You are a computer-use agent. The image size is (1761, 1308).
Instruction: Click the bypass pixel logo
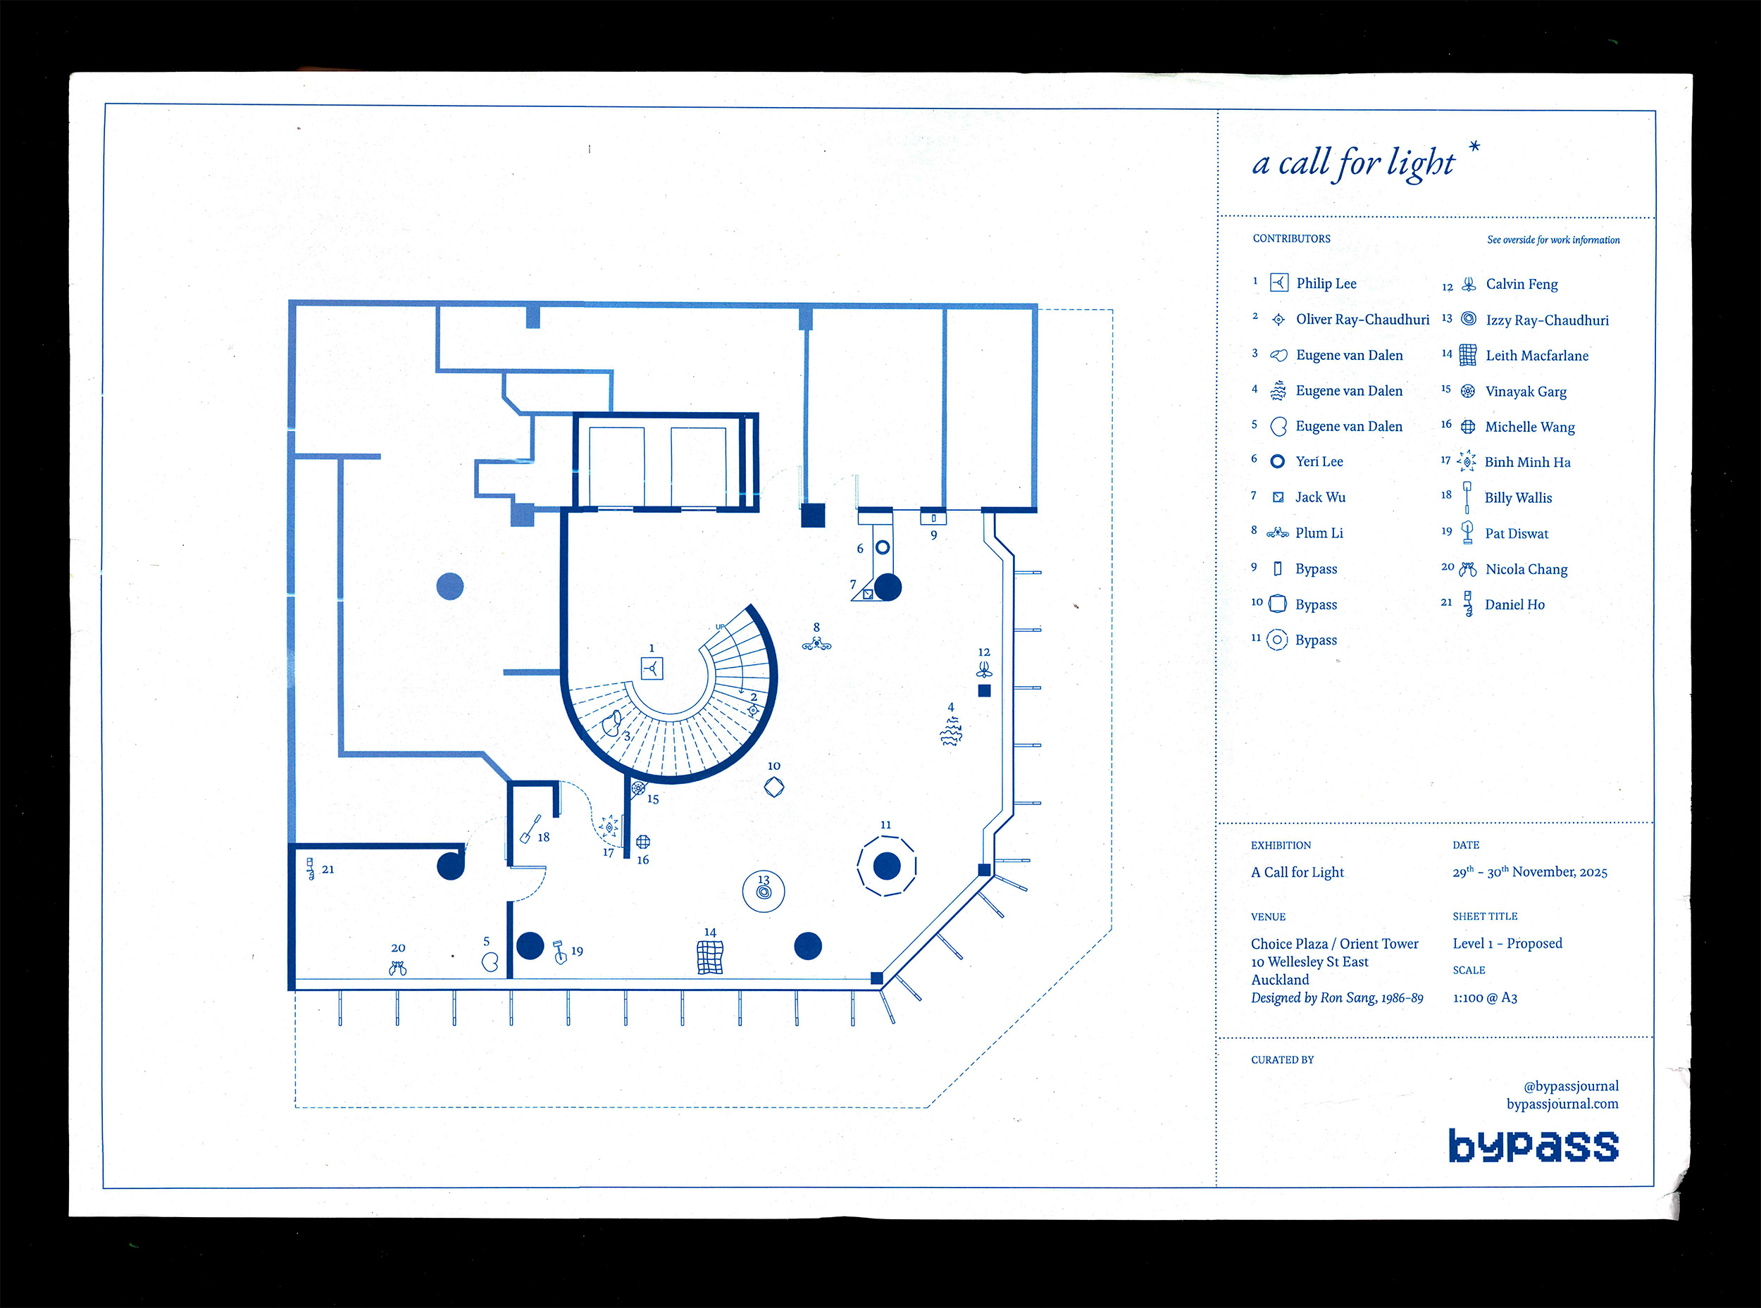coord(1533,1146)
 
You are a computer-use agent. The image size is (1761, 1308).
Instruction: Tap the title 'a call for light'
coord(1353,163)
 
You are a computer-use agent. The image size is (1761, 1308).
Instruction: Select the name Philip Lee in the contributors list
coord(1326,283)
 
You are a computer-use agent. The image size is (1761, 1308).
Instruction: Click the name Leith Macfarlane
coord(1537,356)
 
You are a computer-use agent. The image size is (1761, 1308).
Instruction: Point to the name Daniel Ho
coord(1514,604)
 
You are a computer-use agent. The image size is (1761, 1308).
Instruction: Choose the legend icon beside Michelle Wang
coord(1467,427)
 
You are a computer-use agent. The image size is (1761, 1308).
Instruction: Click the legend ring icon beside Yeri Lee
coord(1277,461)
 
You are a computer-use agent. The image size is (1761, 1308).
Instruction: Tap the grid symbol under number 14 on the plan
coord(709,957)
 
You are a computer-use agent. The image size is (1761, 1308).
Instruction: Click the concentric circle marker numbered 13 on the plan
coord(764,892)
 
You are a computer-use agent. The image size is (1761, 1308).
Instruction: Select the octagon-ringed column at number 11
coord(887,866)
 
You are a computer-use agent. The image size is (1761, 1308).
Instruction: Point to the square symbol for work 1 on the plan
coord(652,669)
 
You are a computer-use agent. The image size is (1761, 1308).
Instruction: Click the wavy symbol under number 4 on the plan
coord(951,732)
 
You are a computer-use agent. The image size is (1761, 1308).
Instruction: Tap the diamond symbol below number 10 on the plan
coord(773,787)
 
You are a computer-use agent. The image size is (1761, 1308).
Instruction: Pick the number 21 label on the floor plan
coord(328,869)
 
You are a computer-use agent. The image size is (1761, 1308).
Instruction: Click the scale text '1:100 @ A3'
coord(1485,997)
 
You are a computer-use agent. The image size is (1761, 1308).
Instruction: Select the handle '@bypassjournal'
coord(1571,1086)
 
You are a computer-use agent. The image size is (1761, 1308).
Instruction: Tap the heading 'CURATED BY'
coord(1282,1059)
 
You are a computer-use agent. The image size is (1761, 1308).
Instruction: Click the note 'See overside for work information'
coord(1552,240)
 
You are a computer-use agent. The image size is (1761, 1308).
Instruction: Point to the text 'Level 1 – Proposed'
coord(1507,943)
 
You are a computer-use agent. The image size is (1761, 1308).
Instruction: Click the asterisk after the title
coord(1474,147)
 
